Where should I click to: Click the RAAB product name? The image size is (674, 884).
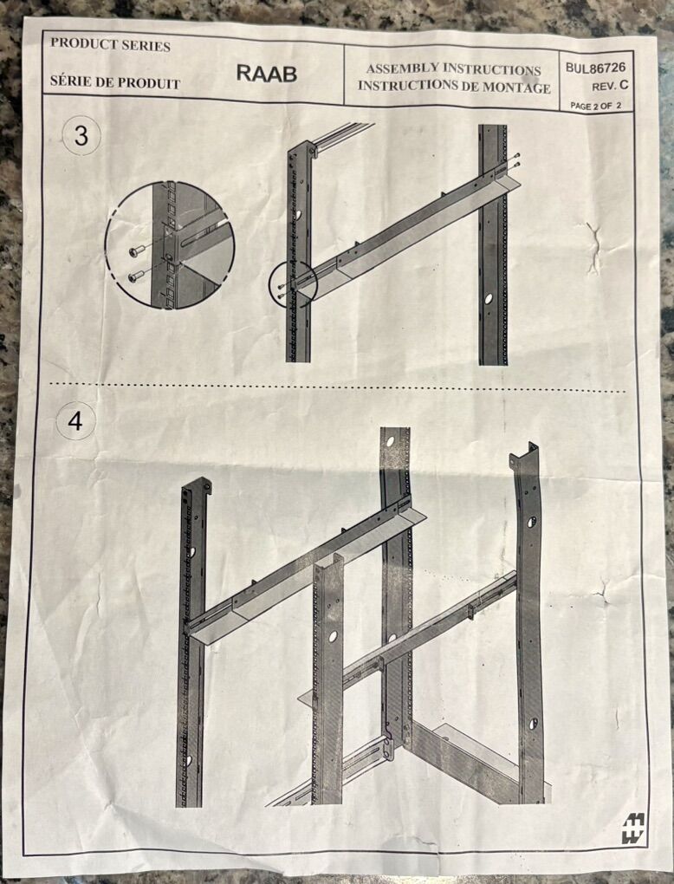[x=267, y=74]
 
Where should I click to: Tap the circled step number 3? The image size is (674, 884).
[x=81, y=136]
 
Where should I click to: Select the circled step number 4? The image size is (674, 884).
[x=75, y=420]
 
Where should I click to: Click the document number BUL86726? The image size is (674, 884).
[x=596, y=68]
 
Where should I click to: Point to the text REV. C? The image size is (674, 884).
[x=610, y=87]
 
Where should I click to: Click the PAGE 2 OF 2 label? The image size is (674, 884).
[x=596, y=106]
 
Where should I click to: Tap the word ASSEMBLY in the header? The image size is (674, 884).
[x=402, y=68]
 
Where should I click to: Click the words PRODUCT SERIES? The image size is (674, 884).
[x=110, y=44]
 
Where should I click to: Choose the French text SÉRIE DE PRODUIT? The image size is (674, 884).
[x=115, y=81]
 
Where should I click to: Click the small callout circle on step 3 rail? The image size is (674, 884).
[x=294, y=283]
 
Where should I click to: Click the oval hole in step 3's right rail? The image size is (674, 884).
[x=488, y=298]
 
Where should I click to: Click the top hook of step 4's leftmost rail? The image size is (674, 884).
[x=204, y=484]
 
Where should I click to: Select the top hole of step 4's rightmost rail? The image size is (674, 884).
[x=531, y=522]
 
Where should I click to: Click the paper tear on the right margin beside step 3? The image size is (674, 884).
[x=593, y=248]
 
